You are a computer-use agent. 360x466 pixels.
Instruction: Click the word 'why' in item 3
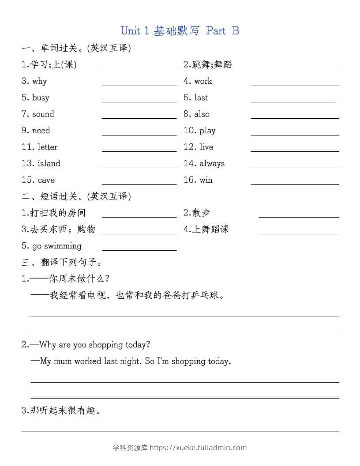tap(39, 81)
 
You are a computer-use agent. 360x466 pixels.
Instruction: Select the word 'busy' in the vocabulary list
tap(41, 98)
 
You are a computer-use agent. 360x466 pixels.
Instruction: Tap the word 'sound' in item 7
tap(43, 114)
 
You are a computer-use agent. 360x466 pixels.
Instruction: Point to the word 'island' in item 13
tap(49, 164)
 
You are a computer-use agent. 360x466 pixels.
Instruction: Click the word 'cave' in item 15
tap(46, 180)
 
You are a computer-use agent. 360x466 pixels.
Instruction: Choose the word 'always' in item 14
tap(212, 164)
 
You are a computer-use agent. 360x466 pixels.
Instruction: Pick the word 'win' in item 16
tap(206, 180)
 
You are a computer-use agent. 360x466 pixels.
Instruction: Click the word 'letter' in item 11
tap(47, 147)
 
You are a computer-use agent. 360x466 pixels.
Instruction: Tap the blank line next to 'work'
tap(295, 85)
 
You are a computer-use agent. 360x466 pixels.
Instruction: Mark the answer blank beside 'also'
tap(295, 118)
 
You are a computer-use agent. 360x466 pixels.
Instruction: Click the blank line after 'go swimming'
tap(139, 250)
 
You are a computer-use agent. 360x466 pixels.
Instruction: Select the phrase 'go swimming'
tap(56, 246)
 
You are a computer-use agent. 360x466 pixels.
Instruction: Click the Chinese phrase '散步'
tap(201, 213)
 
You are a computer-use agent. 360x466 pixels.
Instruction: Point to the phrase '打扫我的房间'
tap(58, 213)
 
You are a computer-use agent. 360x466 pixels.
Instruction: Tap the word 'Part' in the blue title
tap(216, 31)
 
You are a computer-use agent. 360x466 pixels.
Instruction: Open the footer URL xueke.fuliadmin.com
tap(198, 447)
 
